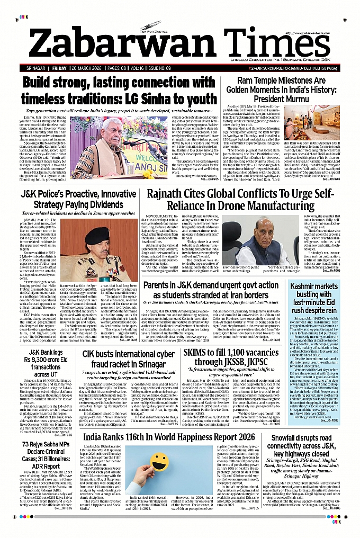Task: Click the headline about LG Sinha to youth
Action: (120, 91)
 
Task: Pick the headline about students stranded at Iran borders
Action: (214, 290)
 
